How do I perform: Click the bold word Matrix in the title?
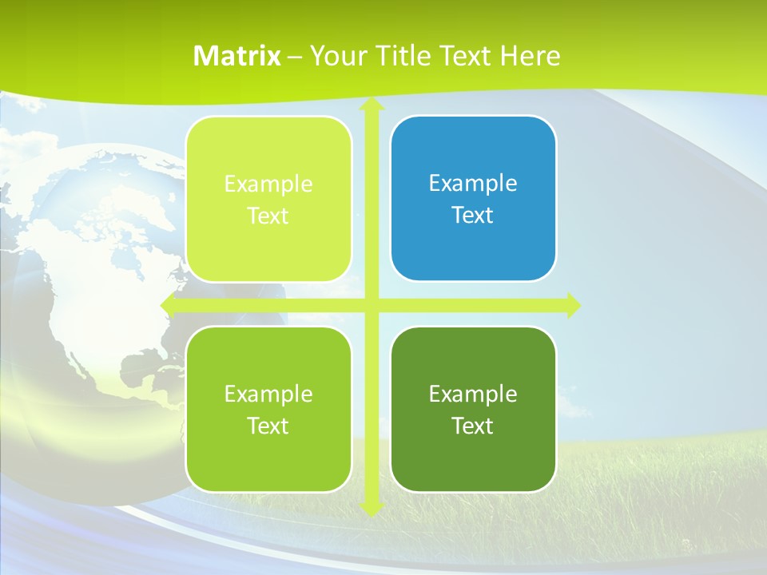[x=237, y=56]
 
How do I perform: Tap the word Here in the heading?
[x=530, y=56]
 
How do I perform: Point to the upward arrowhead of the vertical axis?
[x=371, y=105]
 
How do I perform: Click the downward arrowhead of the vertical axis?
[x=371, y=508]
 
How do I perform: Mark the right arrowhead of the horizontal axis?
[x=572, y=305]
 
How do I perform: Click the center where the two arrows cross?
[x=371, y=305]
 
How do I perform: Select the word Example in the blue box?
[x=473, y=184]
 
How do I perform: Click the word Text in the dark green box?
[x=473, y=426]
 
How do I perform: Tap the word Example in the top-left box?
[x=268, y=184]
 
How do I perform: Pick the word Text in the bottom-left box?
[x=268, y=426]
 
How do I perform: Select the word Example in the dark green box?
[x=473, y=394]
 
